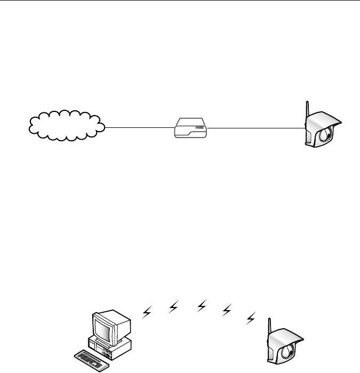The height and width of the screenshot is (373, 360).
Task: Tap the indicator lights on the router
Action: point(199,128)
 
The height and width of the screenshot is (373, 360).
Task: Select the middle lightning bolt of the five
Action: point(202,305)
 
